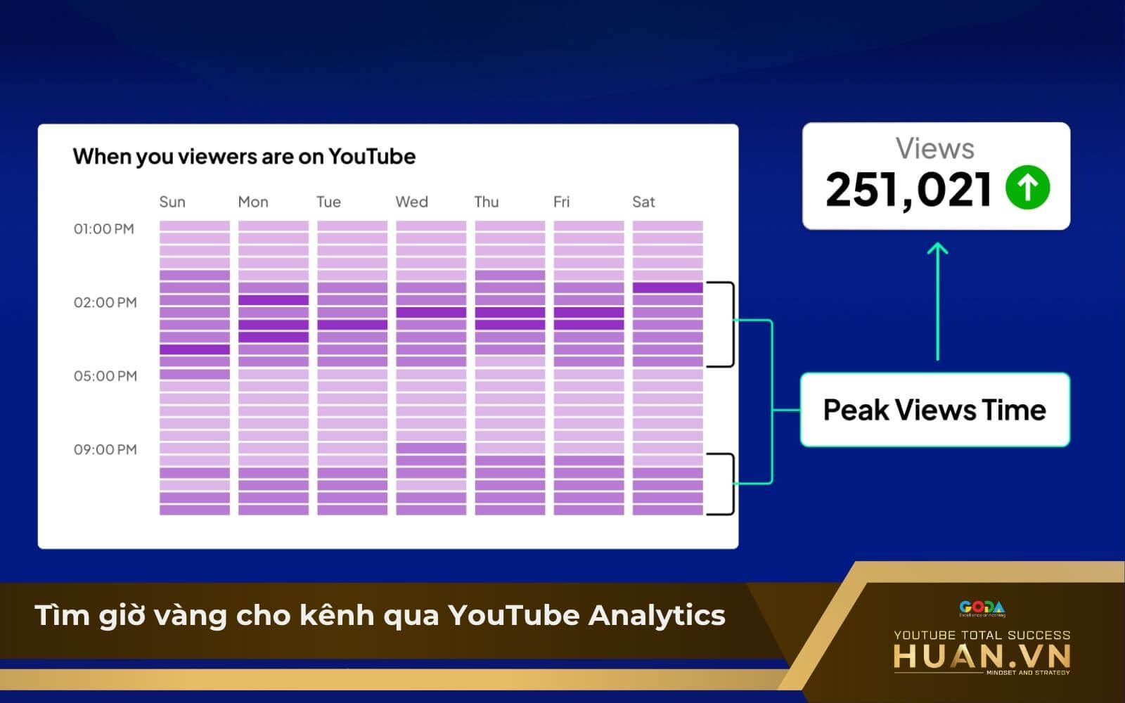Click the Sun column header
coord(172,202)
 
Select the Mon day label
coord(253,202)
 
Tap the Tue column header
coord(328,202)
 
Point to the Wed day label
coord(411,202)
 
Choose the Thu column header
coord(487,202)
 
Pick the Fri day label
coord(561,202)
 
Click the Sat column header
coord(643,202)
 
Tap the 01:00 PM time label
coord(104,229)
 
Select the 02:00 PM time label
coord(105,303)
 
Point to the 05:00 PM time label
coord(105,376)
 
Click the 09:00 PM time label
coord(105,450)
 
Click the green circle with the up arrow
coord(1027,188)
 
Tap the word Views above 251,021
coord(934,148)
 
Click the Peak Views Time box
coord(934,410)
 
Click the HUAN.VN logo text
coord(982,657)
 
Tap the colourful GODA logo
coord(982,608)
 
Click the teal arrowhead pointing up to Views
coord(937,249)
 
